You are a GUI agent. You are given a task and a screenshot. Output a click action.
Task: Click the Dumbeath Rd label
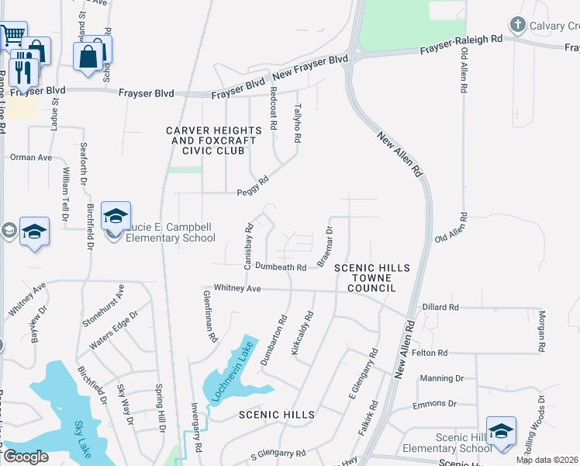tap(281, 266)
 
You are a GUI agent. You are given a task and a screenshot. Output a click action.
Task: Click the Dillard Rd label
tap(441, 308)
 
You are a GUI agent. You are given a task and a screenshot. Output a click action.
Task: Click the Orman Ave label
tap(31, 157)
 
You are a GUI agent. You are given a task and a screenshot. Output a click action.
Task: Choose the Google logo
tap(26, 457)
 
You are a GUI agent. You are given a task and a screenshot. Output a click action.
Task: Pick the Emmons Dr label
tap(436, 404)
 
